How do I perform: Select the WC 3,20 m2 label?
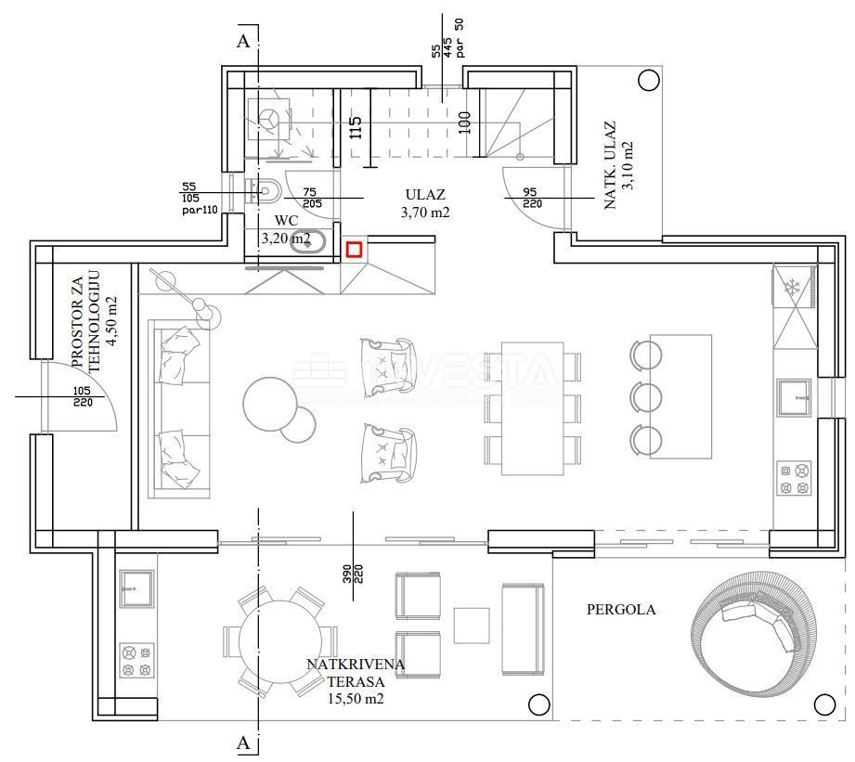(286, 230)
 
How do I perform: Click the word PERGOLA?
(621, 610)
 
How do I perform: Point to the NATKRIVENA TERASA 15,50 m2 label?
(356, 681)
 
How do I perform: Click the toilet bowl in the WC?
(266, 192)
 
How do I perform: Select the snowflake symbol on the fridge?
(793, 288)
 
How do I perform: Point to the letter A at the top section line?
(243, 41)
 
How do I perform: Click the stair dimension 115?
(355, 127)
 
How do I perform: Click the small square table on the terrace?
(472, 626)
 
